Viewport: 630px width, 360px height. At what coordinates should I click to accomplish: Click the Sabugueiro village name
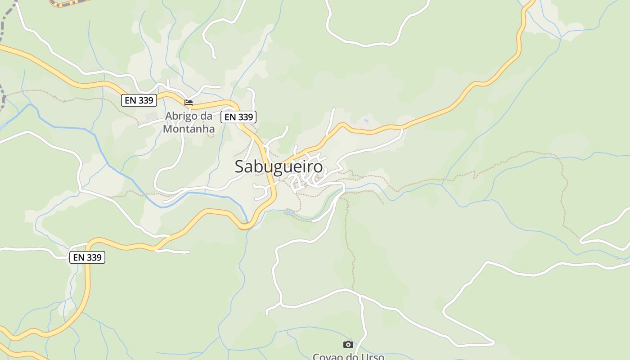[279, 167]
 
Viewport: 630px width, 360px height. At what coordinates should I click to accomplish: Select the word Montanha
[189, 129]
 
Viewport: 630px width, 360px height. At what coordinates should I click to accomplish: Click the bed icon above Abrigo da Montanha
[189, 103]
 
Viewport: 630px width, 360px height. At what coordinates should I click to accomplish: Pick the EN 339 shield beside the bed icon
[139, 100]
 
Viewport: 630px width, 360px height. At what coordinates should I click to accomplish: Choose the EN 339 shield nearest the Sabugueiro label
[238, 117]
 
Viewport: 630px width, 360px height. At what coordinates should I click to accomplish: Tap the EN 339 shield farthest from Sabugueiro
[87, 257]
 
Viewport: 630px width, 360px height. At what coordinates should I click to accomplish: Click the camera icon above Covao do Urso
[348, 344]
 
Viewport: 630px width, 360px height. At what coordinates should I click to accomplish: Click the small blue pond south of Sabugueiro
[289, 211]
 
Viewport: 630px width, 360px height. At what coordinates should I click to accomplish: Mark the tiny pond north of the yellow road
[366, 121]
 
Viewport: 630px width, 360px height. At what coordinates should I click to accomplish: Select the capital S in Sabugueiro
[240, 167]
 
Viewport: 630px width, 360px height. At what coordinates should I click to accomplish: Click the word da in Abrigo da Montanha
[206, 116]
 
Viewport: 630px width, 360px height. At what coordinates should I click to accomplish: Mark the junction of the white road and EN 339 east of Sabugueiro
[402, 128]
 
